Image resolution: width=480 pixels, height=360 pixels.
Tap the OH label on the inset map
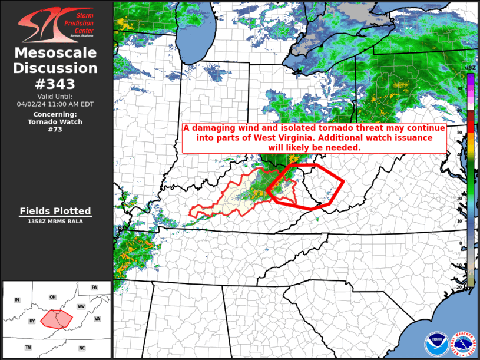click(52, 296)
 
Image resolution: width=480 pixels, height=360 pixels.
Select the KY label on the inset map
click(32, 321)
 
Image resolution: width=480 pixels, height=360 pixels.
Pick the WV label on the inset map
click(81, 307)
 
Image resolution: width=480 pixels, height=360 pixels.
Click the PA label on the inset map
click(94, 287)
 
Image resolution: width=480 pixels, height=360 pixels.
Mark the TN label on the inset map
click(28, 348)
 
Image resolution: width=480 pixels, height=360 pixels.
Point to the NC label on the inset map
click(82, 348)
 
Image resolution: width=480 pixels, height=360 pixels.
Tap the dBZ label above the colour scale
click(470, 68)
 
